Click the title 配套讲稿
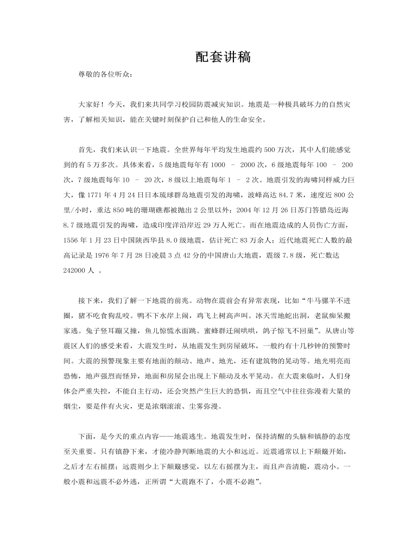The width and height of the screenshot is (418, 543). click(x=223, y=57)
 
